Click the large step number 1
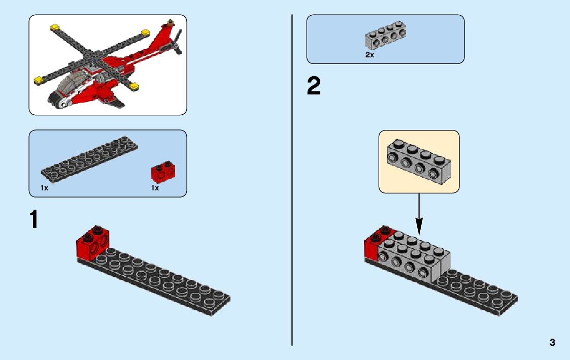click(x=33, y=219)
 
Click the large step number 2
click(x=314, y=86)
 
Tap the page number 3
click(x=552, y=343)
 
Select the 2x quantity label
click(x=370, y=55)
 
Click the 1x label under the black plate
click(x=45, y=188)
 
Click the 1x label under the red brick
click(x=155, y=188)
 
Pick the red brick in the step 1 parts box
click(x=163, y=171)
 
